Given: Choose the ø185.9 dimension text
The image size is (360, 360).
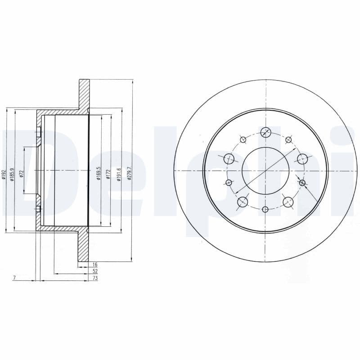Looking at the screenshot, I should tap(12, 174).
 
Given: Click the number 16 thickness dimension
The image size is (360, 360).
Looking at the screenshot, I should tap(95, 265).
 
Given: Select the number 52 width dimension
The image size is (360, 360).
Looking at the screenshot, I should tap(95, 272).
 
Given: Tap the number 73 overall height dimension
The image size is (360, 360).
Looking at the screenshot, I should tap(95, 279).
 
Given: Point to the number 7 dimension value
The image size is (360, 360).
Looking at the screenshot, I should tap(14, 279).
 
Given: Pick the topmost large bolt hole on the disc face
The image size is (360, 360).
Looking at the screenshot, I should tap(265, 132).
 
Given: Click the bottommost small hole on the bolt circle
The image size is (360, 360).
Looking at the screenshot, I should tap(265, 209).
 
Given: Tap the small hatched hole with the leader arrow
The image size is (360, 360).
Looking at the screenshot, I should tap(302, 183).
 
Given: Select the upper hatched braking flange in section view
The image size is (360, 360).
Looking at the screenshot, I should tap(84, 94).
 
